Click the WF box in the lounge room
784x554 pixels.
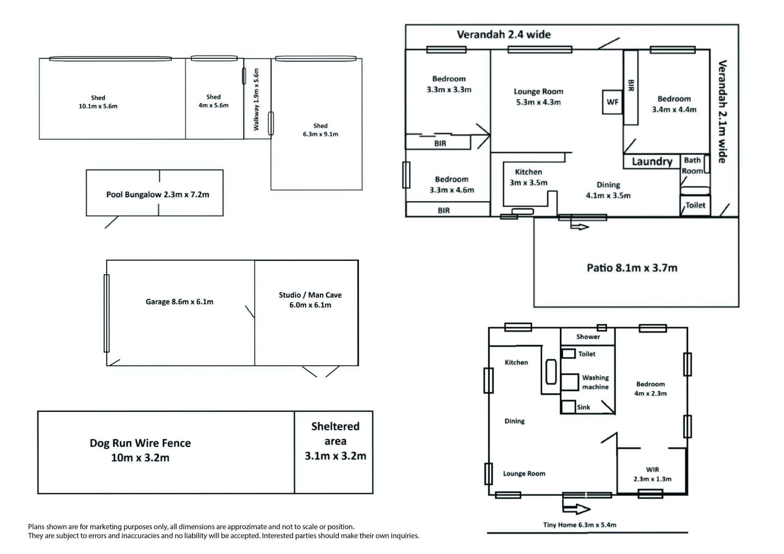(612, 102)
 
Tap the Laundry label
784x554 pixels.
(652, 162)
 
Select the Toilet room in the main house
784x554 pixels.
(695, 205)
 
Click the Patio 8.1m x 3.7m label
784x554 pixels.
(632, 268)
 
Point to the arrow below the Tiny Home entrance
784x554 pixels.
(576, 509)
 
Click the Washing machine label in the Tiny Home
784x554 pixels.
(595, 382)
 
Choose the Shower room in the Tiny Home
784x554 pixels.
(588, 337)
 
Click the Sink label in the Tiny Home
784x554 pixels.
(583, 407)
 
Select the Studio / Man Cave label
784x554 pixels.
(310, 300)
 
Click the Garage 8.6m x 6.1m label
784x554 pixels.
(179, 302)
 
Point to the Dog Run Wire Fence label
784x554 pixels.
(140, 450)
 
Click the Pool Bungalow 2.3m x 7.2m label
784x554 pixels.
(158, 194)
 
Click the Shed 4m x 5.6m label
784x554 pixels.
(213, 101)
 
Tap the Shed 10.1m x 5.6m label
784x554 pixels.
(98, 102)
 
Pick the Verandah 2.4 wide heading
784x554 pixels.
(503, 35)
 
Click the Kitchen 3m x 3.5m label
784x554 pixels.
(528, 177)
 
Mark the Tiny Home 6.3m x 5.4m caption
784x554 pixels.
(579, 525)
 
